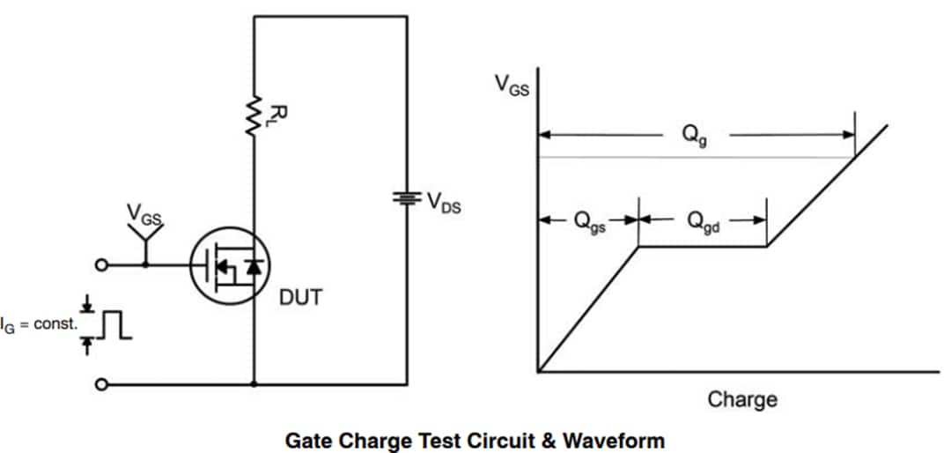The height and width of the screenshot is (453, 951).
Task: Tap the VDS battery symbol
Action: (x=407, y=197)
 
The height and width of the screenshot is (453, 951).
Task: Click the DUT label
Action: (x=300, y=298)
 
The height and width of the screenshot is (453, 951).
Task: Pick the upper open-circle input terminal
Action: (x=103, y=264)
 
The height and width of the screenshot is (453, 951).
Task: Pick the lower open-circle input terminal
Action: (x=103, y=384)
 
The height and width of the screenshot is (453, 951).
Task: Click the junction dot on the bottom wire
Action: (x=254, y=384)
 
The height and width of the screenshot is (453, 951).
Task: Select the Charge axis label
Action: (x=742, y=399)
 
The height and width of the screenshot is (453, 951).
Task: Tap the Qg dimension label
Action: (x=694, y=135)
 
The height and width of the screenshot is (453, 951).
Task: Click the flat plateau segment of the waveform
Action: (x=703, y=247)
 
